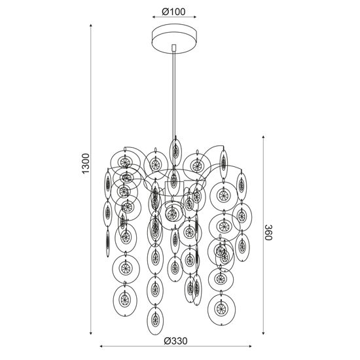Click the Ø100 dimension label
click(x=173, y=12)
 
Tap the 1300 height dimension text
click(x=86, y=164)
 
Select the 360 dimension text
click(x=268, y=232)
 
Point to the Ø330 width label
click(x=175, y=341)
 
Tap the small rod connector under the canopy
click(x=174, y=48)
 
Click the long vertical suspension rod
click(x=174, y=94)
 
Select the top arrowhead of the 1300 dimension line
click(x=91, y=26)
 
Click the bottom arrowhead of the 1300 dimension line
click(x=91, y=333)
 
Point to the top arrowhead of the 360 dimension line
click(x=263, y=137)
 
